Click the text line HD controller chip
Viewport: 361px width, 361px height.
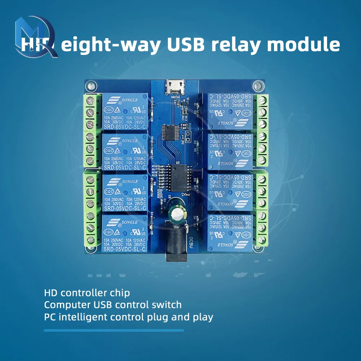pyautogui.click(x=87, y=292)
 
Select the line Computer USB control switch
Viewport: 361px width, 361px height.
pyautogui.click(x=113, y=305)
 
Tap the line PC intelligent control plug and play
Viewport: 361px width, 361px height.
pyautogui.click(x=129, y=317)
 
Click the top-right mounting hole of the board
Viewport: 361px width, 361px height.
pyautogui.click(x=258, y=86)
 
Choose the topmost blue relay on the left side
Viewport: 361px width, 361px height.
pyautogui.click(x=125, y=112)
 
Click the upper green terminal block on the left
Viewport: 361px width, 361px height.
pyautogui.click(x=92, y=130)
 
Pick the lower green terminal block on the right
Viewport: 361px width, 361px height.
pyautogui.click(x=261, y=209)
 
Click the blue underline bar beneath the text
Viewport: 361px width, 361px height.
pyautogui.click(x=114, y=330)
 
